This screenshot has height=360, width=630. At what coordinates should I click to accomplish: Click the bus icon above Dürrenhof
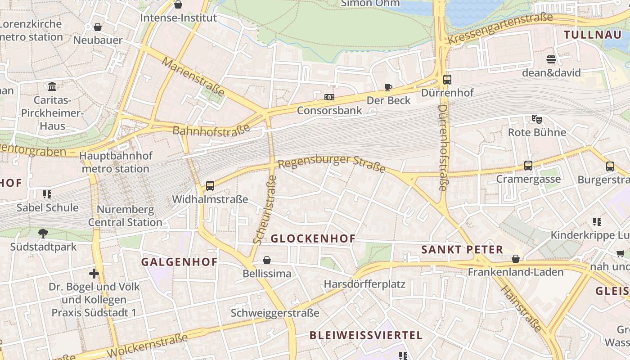click(x=447, y=80)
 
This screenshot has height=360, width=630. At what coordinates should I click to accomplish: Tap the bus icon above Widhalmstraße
click(x=210, y=185)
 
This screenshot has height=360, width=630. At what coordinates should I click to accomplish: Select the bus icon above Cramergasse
click(x=528, y=166)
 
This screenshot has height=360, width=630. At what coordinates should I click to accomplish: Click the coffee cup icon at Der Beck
click(x=388, y=87)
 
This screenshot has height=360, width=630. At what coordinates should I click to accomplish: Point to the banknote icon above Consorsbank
click(x=329, y=97)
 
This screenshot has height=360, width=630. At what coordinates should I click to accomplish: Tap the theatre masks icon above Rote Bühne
click(x=536, y=119)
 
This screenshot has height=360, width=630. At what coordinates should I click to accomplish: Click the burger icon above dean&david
click(x=551, y=59)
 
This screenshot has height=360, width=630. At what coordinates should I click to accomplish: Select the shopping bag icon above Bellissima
click(x=267, y=260)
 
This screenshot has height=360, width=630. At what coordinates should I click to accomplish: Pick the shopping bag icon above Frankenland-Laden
click(x=516, y=259)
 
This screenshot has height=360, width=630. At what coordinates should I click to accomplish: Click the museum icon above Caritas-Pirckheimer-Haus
click(x=52, y=86)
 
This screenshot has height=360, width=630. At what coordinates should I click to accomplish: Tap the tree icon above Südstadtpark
click(x=43, y=233)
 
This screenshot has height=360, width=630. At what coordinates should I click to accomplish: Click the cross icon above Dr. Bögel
click(x=94, y=273)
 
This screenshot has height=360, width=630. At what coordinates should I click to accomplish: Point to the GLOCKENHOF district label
click(x=313, y=238)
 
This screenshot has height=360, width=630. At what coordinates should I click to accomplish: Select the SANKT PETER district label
click(x=462, y=250)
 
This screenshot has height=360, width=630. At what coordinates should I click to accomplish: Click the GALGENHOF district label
click(x=179, y=262)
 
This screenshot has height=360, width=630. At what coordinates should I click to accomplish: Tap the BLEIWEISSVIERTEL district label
click(x=366, y=335)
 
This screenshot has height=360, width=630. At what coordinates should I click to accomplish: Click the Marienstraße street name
click(x=193, y=76)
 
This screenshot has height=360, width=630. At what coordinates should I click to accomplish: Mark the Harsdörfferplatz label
click(x=364, y=284)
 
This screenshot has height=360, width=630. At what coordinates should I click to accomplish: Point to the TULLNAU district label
click(x=592, y=35)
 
